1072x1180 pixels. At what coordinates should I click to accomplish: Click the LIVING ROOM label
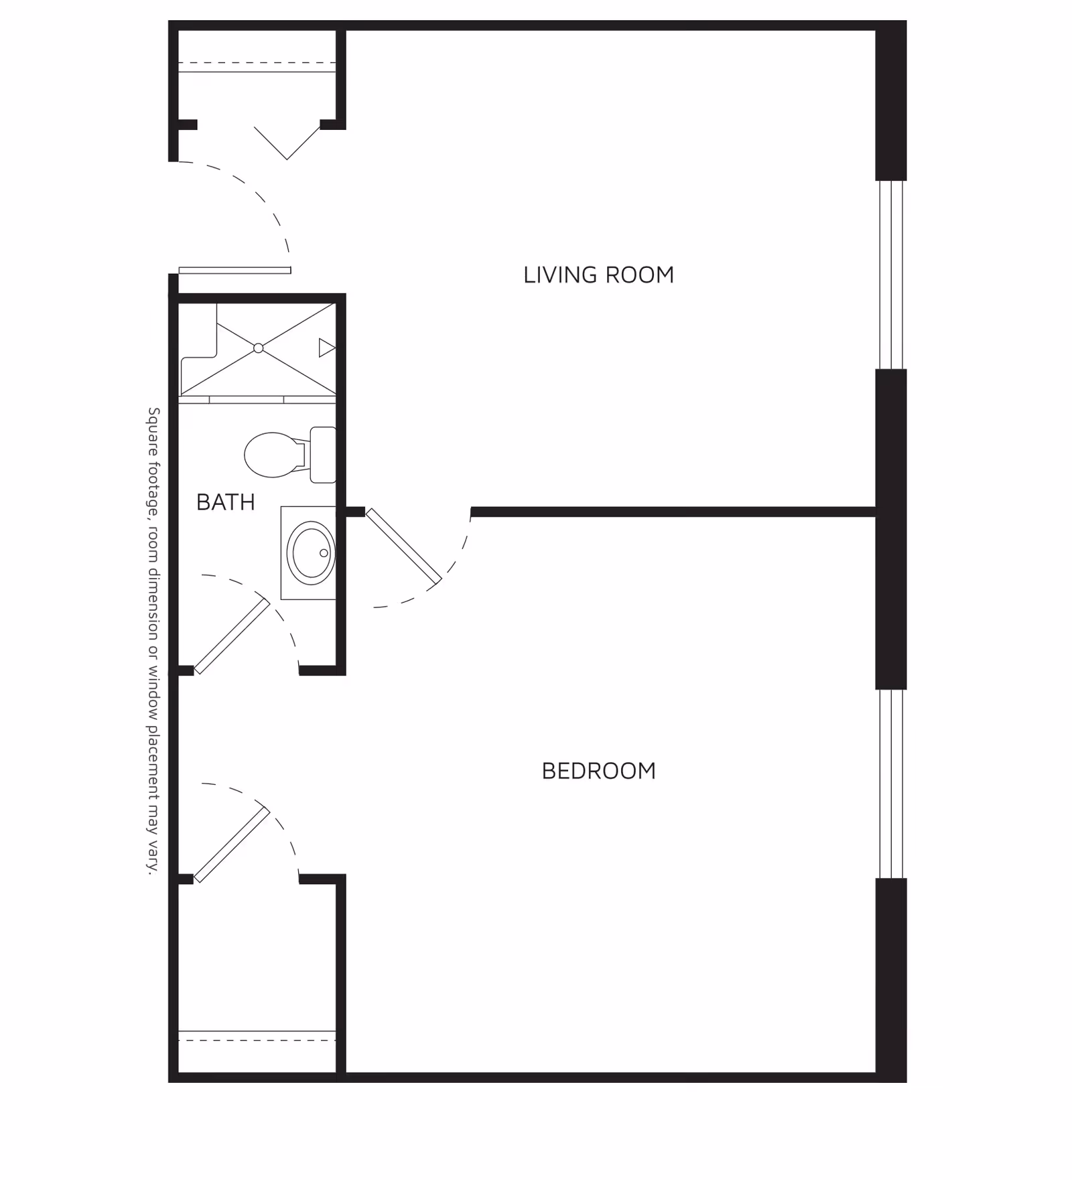[598, 275]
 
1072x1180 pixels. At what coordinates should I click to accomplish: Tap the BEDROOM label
[598, 771]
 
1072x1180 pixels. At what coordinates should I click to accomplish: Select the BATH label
[225, 502]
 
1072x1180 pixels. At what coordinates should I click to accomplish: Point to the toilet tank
[323, 455]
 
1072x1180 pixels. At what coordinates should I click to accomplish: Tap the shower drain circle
[259, 348]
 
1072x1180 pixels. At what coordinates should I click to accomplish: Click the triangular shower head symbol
[326, 348]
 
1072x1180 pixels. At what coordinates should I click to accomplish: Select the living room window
[891, 275]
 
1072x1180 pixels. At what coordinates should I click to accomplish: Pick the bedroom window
[891, 784]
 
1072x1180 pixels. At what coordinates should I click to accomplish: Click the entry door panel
[234, 271]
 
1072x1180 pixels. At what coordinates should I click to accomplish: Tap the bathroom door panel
[232, 636]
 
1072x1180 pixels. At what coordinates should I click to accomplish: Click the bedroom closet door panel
[232, 845]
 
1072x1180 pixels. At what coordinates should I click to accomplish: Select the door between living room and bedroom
[403, 546]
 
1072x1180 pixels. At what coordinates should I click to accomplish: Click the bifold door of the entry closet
[287, 143]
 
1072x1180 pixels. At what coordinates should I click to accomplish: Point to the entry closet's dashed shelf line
[257, 63]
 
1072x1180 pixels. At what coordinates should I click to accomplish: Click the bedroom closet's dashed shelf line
[257, 1040]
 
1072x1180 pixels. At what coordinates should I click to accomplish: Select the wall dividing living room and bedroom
[670, 512]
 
